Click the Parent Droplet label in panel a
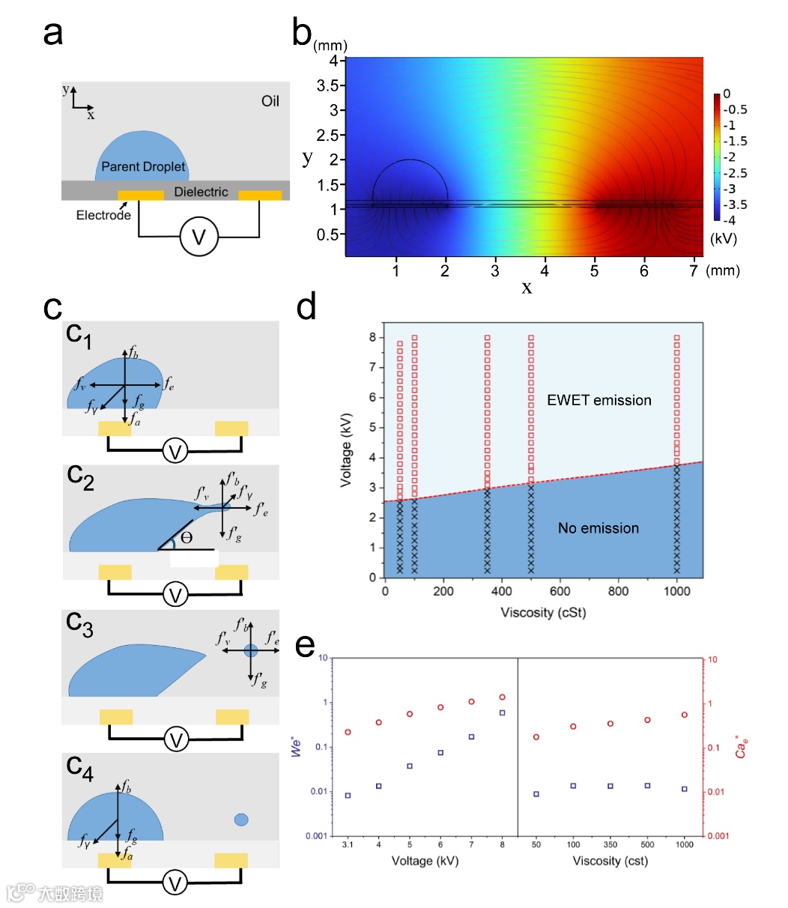(143, 166)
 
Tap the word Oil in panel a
(270, 100)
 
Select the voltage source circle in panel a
(198, 237)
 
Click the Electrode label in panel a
(103, 215)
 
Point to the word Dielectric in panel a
(201, 192)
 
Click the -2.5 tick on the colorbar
(738, 173)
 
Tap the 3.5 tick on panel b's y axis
(327, 85)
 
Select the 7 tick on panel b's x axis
(694, 270)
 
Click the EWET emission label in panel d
(599, 400)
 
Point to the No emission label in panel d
(598, 528)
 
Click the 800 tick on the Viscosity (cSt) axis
(619, 591)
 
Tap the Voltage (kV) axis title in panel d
(345, 453)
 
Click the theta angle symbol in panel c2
(187, 538)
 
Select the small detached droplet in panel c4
(241, 820)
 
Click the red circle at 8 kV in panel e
(502, 697)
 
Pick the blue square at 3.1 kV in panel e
(348, 795)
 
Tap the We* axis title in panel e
(297, 746)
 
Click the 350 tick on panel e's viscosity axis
(610, 844)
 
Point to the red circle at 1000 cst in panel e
(685, 715)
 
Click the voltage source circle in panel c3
(176, 740)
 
